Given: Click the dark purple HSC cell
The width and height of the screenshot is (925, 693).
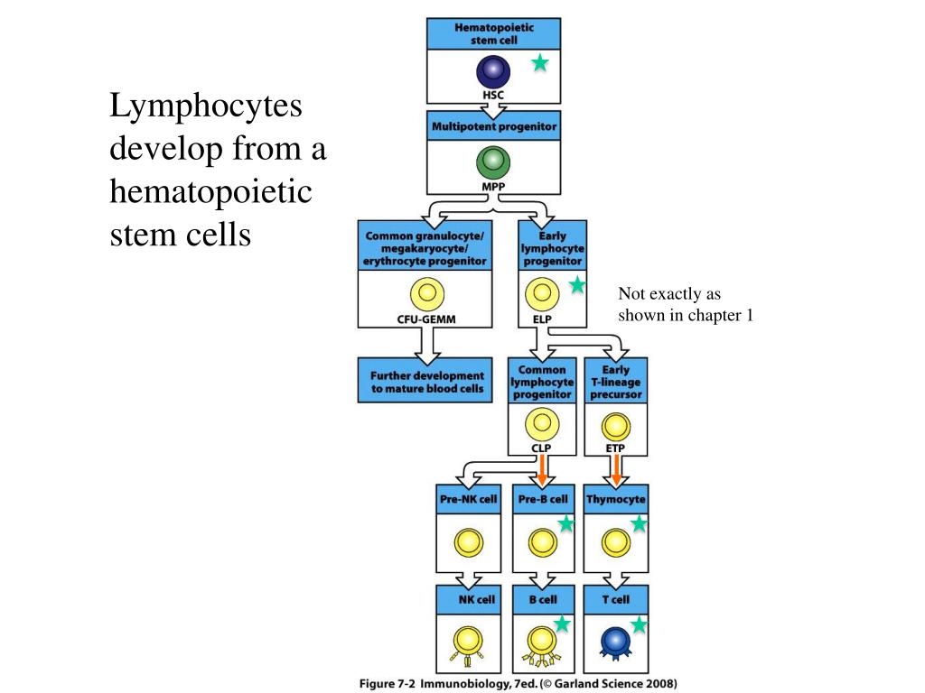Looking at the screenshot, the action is click(x=493, y=71).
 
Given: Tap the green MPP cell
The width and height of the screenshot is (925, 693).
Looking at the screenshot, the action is click(x=493, y=162).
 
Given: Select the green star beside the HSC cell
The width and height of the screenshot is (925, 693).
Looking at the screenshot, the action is click(x=540, y=62).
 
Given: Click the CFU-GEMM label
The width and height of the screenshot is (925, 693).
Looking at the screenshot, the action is click(x=426, y=319).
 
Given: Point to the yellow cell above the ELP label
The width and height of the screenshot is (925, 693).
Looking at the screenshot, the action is click(x=542, y=294).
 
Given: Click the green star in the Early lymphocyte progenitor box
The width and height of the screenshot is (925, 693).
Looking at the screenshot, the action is click(x=577, y=285).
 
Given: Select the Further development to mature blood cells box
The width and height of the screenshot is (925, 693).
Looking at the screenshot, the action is click(x=425, y=381).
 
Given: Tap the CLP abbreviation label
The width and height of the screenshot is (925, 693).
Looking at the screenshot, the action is click(x=541, y=448).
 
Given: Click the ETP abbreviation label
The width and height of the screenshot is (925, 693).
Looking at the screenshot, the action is click(x=615, y=448).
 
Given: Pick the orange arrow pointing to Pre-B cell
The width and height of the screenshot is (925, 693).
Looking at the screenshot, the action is click(x=543, y=469).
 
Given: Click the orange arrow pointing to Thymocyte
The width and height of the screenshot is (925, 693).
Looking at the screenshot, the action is click(x=616, y=471).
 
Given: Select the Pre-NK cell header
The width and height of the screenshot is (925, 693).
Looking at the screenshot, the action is click(x=469, y=499).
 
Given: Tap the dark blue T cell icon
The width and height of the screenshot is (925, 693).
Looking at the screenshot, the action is click(x=615, y=642).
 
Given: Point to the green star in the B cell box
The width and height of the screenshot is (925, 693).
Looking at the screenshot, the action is click(x=562, y=624).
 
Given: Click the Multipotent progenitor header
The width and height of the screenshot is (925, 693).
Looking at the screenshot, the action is click(x=494, y=126).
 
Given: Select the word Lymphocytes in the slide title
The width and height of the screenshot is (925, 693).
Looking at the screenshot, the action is click(x=206, y=107).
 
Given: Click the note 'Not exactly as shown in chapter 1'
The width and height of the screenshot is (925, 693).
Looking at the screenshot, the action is click(x=686, y=305).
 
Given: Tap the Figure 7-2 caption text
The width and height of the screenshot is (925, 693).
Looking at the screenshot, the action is click(x=518, y=684).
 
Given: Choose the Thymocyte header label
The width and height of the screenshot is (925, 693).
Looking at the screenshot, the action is click(x=616, y=499).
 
